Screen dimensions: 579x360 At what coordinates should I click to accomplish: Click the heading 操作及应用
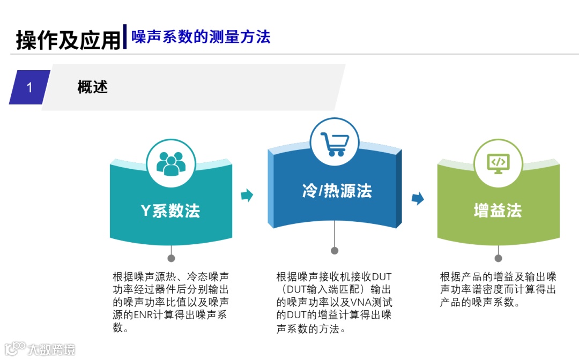(69, 40)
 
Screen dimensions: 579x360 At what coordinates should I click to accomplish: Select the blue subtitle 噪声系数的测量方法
(201, 36)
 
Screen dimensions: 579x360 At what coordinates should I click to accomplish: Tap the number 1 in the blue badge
(29, 87)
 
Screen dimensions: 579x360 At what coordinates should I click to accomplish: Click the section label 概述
(93, 87)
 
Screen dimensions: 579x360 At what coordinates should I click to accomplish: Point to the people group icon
(170, 162)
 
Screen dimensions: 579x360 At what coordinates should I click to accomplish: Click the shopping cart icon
(335, 143)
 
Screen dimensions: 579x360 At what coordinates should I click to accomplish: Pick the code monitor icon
(498, 163)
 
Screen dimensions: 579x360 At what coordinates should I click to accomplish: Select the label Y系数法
(170, 211)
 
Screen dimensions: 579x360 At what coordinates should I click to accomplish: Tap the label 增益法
(498, 211)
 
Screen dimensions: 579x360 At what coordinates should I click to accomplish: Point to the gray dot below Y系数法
(171, 258)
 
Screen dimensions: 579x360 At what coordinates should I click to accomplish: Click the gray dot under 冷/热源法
(335, 251)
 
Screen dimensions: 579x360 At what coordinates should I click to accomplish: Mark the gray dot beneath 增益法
(498, 258)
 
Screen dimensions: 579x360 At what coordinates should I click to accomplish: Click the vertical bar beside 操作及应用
(125, 36)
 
